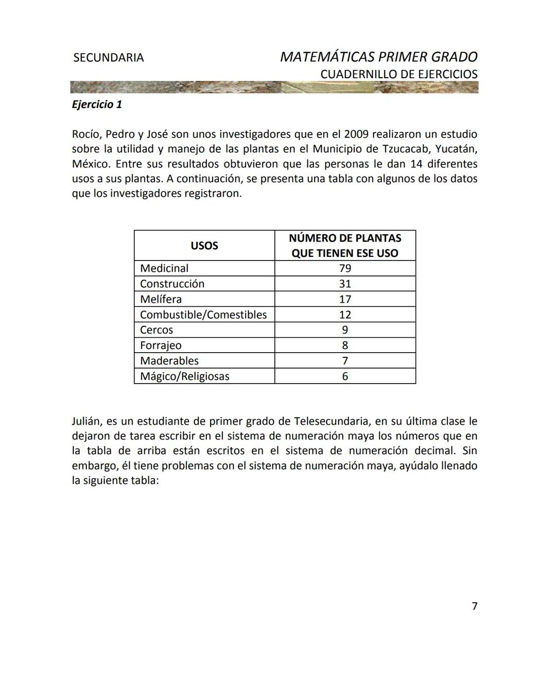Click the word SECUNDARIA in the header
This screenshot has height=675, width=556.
coord(109,58)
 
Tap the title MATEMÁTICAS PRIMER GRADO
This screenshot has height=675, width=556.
coord(378,57)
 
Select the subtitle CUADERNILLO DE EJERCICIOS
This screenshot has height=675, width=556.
coord(398,74)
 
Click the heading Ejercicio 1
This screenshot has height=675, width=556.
coord(97,105)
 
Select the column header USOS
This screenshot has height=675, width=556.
coord(204,246)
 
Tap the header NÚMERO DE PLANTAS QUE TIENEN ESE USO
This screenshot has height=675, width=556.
coord(345,246)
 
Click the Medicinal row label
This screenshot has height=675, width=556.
coord(164,268)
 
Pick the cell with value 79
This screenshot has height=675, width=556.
coord(345,268)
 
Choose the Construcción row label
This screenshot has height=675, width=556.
coord(172,284)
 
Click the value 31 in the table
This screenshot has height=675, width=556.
coord(345,284)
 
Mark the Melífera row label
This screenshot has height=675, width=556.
coord(161,299)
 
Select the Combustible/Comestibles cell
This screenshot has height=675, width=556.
coord(203,315)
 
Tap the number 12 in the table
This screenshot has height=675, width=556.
coord(345,315)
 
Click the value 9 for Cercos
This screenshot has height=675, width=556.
coord(345,330)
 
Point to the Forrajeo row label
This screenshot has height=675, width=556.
coord(161,345)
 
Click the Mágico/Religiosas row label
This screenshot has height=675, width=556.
coord(184,376)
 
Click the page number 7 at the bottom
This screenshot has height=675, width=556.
coord(474,606)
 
